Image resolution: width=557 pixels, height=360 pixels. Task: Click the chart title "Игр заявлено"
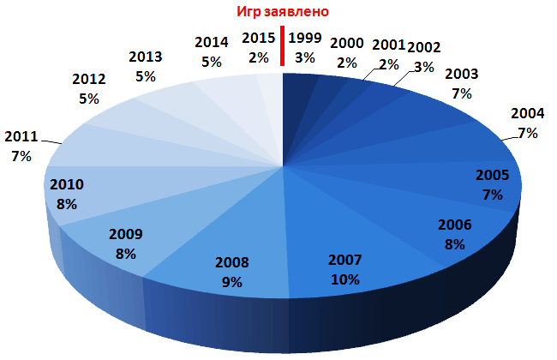point(283,12)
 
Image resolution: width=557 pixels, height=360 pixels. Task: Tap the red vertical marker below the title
point(282,47)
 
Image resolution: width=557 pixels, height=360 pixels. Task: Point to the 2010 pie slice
point(86,193)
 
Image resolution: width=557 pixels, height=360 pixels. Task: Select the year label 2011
point(21,135)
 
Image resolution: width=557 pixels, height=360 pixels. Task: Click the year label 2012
point(89,80)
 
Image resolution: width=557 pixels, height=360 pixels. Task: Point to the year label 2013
point(145,57)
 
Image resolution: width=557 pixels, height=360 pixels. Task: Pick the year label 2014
point(211,42)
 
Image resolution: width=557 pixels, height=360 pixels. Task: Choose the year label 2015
point(258,38)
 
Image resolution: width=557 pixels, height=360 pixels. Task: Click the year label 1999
point(306,38)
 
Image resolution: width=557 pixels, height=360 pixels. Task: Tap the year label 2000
point(346,44)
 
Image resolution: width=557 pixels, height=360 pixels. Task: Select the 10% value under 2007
point(345,279)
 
